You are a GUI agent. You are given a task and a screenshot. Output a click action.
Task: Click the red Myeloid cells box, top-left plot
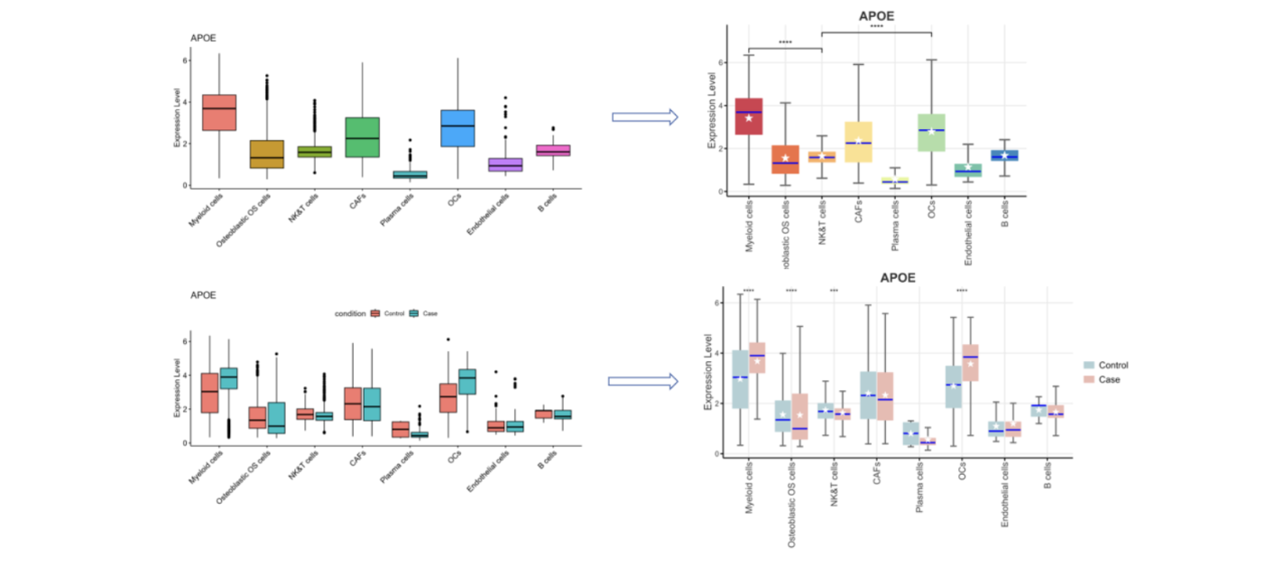pyautogui.click(x=219, y=112)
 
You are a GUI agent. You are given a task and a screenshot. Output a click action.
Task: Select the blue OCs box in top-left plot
pyautogui.click(x=458, y=127)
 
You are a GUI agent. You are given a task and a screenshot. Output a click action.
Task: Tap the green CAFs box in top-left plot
pyautogui.click(x=362, y=136)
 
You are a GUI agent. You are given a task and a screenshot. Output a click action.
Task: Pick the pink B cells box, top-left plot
pyautogui.click(x=553, y=150)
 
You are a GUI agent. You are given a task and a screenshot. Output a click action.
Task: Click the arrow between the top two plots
pyautogui.click(x=644, y=116)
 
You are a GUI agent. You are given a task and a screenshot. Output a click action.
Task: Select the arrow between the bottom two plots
pyautogui.click(x=642, y=381)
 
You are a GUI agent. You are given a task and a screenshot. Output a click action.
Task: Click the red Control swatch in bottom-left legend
pyautogui.click(x=374, y=313)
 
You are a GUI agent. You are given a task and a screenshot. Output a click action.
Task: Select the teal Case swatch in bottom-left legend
pyautogui.click(x=414, y=313)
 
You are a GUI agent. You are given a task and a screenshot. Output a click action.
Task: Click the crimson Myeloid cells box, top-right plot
pyautogui.click(x=749, y=116)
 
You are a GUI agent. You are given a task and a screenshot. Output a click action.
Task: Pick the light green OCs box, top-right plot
pyautogui.click(x=931, y=133)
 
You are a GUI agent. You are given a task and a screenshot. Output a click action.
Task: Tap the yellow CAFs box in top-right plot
pyautogui.click(x=858, y=142)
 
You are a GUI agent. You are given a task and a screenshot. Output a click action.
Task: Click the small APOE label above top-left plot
pyautogui.click(x=203, y=38)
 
